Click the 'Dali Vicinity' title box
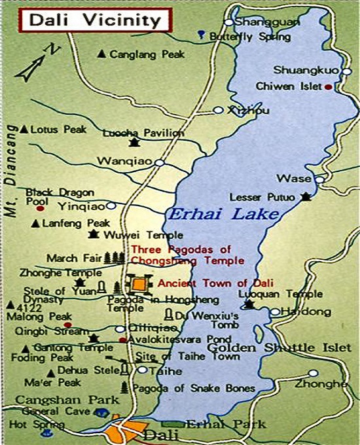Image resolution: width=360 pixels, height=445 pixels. point(96,20)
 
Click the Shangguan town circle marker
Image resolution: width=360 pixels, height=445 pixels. point(228,22)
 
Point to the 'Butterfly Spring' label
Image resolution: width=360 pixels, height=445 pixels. point(249,37)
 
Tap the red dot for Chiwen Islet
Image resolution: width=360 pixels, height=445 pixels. point(328,86)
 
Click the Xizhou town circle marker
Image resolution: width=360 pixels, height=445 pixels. point(219,111)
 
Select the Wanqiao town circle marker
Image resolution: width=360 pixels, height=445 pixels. point(159,162)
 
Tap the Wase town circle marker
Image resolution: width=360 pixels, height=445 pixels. point(319,179)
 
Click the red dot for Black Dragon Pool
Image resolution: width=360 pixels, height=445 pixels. point(40,209)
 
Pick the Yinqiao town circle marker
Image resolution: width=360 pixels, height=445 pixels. point(111,205)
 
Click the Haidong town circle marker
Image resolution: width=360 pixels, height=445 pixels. point(276,312)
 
